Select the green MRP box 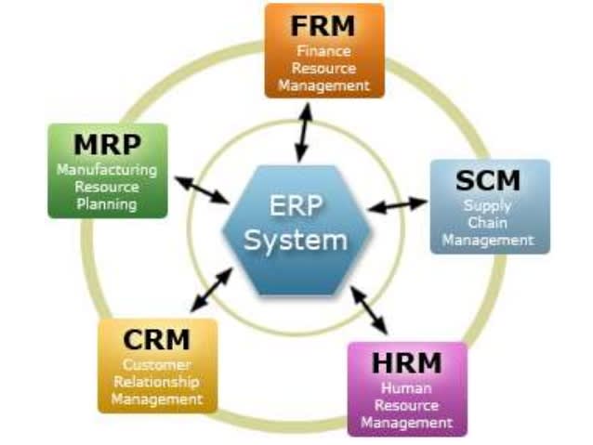pos(108,171)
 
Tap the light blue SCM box pos(489,206)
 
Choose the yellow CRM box pos(156,366)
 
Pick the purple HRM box pos(406,388)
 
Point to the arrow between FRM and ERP pos(303,133)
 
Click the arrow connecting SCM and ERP pos(398,203)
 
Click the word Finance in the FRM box pos(323,51)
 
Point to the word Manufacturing pos(107,170)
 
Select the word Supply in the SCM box pos(489,205)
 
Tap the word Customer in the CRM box pos(156,365)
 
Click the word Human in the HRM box pos(406,387)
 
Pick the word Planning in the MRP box pos(107,203)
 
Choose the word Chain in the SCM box pos(489,222)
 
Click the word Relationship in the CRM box pos(156,382)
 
